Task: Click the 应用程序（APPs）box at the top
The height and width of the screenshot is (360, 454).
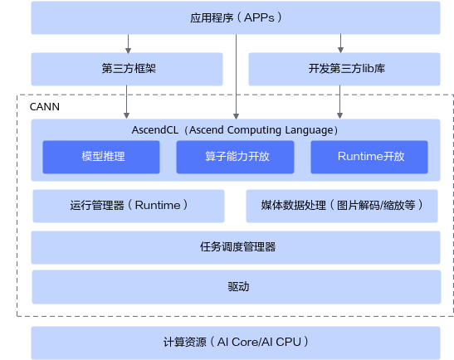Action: [236, 17]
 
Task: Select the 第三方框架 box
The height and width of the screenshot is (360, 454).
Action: [127, 69]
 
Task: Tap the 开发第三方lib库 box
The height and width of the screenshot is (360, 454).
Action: [344, 69]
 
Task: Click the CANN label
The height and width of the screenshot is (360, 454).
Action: [45, 107]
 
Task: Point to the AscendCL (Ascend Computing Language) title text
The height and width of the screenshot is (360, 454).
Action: [235, 130]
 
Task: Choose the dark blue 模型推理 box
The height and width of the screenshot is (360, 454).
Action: [101, 157]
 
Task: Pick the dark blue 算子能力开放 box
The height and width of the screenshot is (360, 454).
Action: [235, 157]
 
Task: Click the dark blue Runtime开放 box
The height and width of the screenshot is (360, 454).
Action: [369, 157]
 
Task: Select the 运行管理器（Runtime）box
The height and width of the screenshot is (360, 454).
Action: [129, 206]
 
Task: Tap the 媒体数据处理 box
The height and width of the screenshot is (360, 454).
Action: [342, 206]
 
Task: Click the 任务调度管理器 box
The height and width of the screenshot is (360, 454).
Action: [236, 247]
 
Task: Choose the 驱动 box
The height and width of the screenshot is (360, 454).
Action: [237, 287]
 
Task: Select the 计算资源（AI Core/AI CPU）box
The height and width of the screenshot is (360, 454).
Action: [236, 343]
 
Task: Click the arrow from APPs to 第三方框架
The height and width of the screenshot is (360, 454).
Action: [129, 44]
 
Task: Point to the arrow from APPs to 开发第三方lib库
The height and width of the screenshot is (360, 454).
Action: [341, 43]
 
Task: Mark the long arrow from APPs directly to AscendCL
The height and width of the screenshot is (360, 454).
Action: [237, 76]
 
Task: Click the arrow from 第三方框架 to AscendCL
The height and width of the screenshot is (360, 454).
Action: [126, 102]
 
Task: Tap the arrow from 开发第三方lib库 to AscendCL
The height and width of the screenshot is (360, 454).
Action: [340, 102]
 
